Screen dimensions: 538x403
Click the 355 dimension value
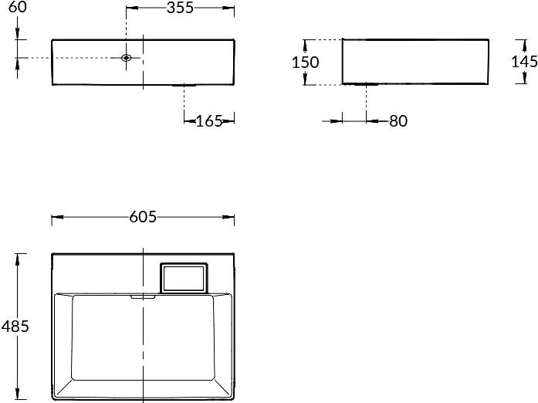tap(180, 8)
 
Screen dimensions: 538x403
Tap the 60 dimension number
tap(17, 7)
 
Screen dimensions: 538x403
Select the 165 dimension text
tap(209, 121)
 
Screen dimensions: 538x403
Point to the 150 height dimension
tap(306, 62)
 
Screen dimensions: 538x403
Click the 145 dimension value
tap(524, 62)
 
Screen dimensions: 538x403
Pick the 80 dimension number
tap(398, 121)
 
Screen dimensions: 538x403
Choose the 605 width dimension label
tap(143, 217)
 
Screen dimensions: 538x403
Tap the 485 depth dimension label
tap(15, 326)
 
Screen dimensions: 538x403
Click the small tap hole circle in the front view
tap(127, 58)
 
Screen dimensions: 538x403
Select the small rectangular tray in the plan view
tap(184, 278)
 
